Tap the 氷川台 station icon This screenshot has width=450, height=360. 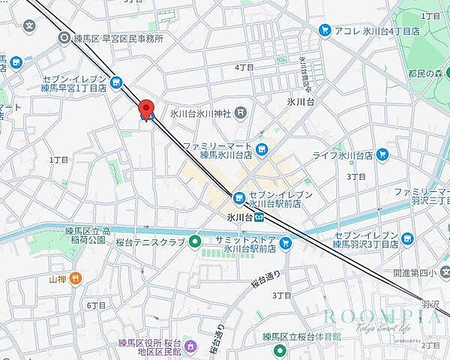point(257,217)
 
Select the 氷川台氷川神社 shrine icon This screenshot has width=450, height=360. point(240,114)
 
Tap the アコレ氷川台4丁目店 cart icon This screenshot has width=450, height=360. point(325,31)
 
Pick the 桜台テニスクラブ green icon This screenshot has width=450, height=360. point(194,241)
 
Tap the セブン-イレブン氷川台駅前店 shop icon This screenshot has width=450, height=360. point(239,198)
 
